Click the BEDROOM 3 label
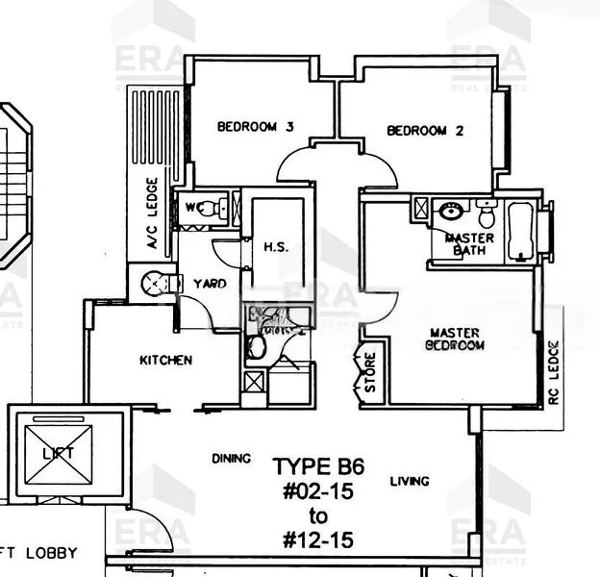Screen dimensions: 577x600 pyautogui.click(x=254, y=126)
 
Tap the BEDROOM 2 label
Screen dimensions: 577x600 pyautogui.click(x=425, y=131)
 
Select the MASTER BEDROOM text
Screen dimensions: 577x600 pyautogui.click(x=455, y=338)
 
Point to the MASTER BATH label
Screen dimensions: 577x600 pyautogui.click(x=470, y=244)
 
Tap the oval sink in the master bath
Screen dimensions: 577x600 pyautogui.click(x=449, y=213)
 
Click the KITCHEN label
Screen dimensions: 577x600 pyautogui.click(x=165, y=361)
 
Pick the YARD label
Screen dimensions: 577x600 pyautogui.click(x=210, y=284)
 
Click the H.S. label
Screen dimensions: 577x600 pyautogui.click(x=276, y=247)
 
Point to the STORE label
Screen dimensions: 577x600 pyautogui.click(x=369, y=372)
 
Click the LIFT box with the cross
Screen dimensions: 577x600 pyautogui.click(x=67, y=451)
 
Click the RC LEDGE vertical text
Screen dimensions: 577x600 pyautogui.click(x=554, y=371)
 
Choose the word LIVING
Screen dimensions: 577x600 pyautogui.click(x=410, y=481)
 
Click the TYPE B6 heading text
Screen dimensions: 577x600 pyautogui.click(x=313, y=467)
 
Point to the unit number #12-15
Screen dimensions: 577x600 pyautogui.click(x=317, y=540)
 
